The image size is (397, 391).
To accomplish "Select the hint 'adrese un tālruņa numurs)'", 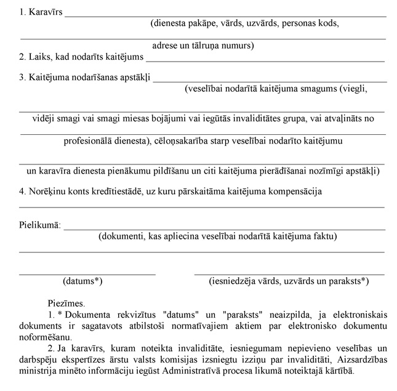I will pos(203,46).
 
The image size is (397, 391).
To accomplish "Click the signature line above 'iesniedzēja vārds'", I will pos(289,273).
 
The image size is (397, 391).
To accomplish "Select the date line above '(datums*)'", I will pos(87,273).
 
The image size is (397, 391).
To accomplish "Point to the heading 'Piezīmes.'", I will pos(66,303).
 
